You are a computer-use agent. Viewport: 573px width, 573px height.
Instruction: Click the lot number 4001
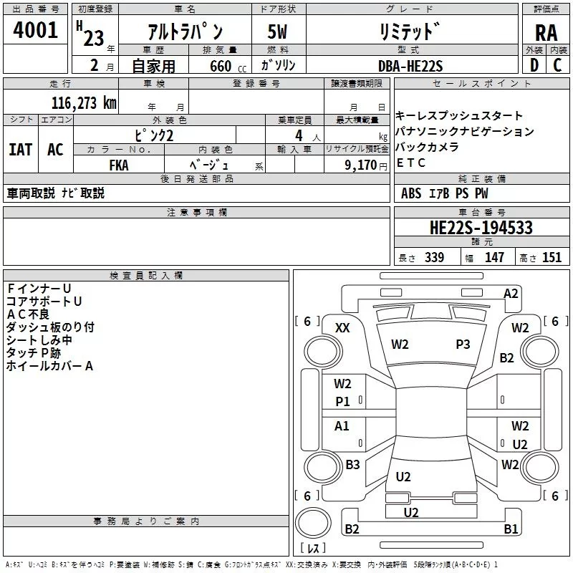click(x=35, y=30)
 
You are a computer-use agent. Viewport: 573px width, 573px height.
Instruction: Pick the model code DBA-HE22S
click(x=410, y=66)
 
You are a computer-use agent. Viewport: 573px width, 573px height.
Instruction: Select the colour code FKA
click(x=119, y=163)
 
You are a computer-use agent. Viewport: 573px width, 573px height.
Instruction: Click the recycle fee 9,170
click(x=361, y=164)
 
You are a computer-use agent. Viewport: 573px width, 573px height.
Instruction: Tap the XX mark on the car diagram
click(x=343, y=327)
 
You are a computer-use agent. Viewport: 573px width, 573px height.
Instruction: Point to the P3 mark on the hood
click(x=463, y=345)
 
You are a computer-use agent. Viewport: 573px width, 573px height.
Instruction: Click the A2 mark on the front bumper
click(x=511, y=294)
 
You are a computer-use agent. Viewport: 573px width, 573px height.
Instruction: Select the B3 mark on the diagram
click(x=352, y=465)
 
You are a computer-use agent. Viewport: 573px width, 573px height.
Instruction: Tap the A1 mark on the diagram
click(x=342, y=426)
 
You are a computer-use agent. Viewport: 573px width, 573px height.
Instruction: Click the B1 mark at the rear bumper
click(x=510, y=529)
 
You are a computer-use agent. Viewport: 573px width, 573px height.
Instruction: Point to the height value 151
click(x=552, y=258)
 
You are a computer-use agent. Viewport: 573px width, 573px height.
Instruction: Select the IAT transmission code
click(x=20, y=149)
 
